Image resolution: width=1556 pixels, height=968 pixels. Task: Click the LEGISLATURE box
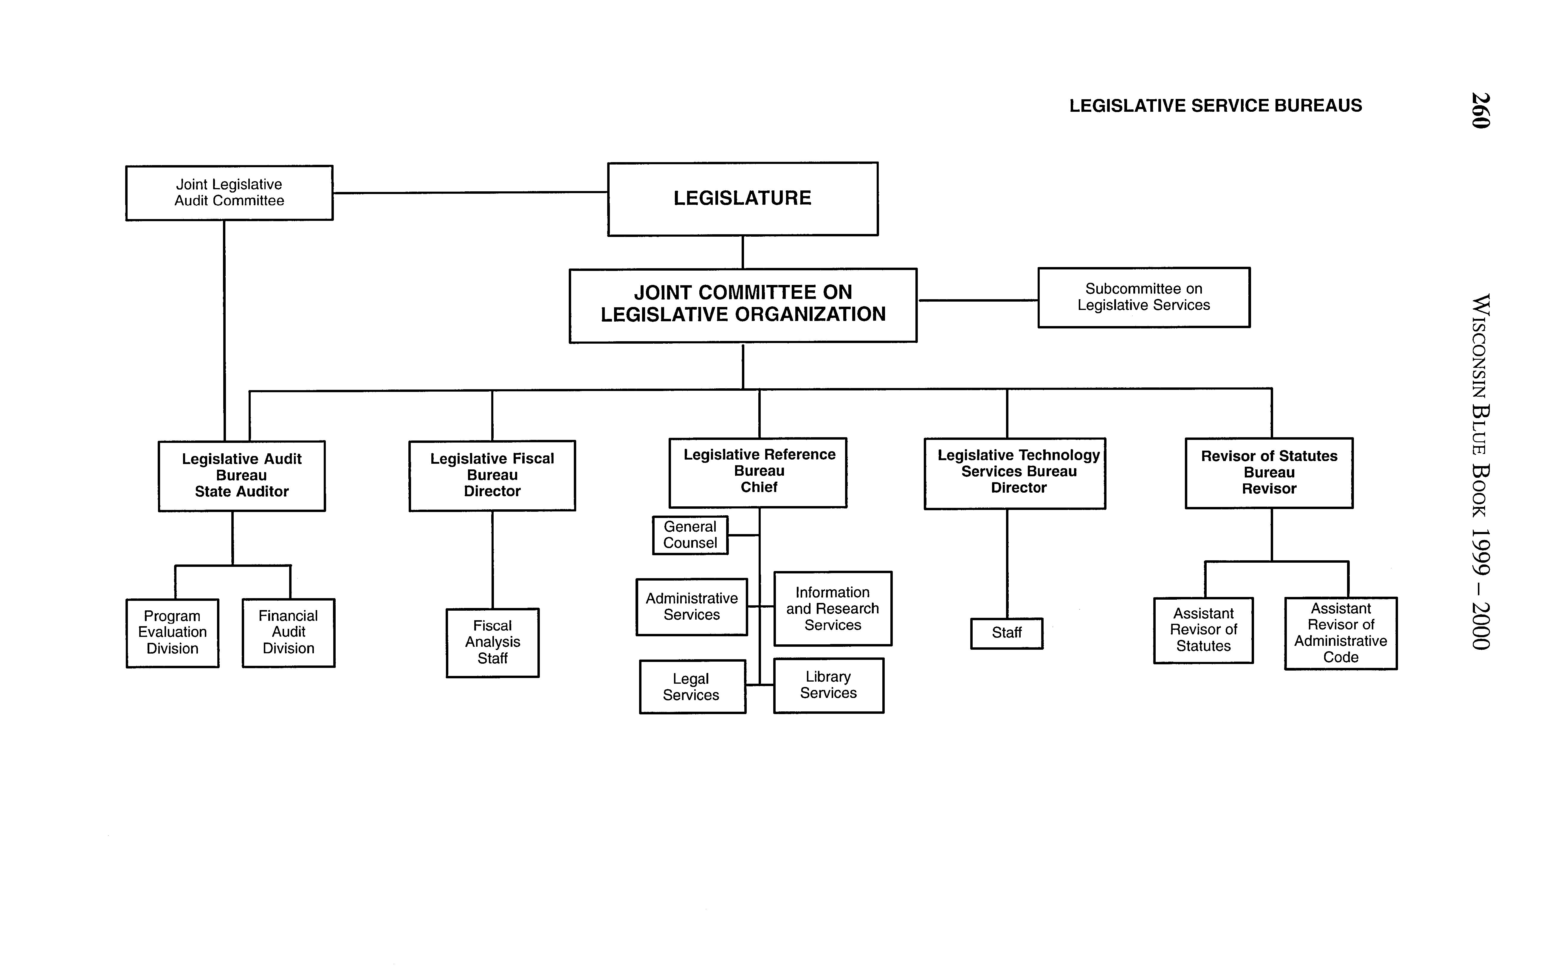point(743,198)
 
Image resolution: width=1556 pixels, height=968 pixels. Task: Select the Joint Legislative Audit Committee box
point(229,193)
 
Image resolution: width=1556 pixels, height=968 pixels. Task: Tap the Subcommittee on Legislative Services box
point(1144,297)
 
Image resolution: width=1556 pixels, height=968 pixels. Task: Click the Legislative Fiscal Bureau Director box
point(492,475)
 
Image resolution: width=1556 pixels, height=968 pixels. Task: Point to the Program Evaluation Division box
point(172,632)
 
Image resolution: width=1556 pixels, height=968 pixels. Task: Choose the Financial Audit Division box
point(288,632)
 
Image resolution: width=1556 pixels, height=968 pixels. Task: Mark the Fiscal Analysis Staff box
point(492,642)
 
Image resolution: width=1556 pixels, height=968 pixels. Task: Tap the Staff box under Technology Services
point(1007,633)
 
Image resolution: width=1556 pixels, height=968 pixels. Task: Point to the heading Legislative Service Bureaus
point(1215,106)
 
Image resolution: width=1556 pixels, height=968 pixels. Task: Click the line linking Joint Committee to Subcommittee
point(978,300)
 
